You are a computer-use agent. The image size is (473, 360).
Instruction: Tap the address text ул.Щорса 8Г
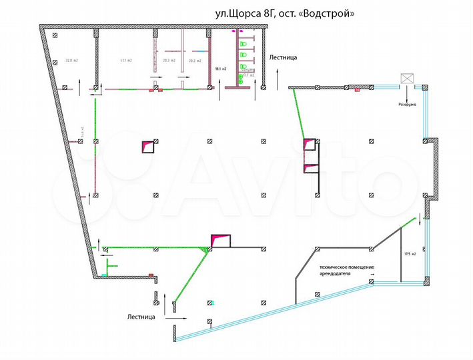244,13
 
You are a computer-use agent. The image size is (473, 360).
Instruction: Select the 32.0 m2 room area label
72,61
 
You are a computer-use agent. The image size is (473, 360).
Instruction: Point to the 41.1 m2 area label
125,61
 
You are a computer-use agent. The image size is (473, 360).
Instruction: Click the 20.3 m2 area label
168,61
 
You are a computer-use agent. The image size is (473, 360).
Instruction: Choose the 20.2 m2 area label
195,61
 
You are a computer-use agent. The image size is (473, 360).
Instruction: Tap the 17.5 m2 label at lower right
409,254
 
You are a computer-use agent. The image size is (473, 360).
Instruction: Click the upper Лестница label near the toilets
283,57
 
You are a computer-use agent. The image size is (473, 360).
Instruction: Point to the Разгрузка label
408,105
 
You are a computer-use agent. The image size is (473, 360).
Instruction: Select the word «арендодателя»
339,273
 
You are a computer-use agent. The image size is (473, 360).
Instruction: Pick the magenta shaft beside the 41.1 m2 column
147,147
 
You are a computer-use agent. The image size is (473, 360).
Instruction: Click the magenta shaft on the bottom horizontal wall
219,241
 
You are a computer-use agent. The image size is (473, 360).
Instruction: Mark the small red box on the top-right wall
358,89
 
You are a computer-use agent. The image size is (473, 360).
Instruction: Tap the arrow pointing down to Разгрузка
407,95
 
